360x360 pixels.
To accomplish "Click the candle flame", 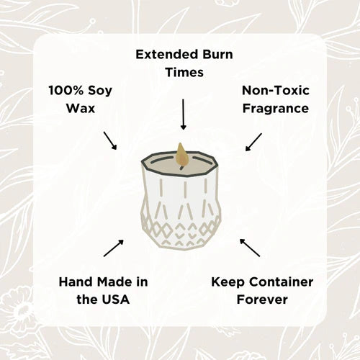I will (181, 153).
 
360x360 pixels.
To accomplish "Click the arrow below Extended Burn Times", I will (183, 114).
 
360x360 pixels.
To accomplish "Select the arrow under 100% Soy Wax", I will (110, 140).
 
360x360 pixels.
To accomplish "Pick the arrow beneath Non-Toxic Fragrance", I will (253, 141).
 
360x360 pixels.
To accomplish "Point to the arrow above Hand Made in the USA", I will (112, 248).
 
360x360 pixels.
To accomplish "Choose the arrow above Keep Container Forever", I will (250, 248).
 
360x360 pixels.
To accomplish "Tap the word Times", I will (184, 73).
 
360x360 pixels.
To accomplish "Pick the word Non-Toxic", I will (276, 90).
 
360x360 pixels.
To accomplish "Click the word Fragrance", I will (276, 109).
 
